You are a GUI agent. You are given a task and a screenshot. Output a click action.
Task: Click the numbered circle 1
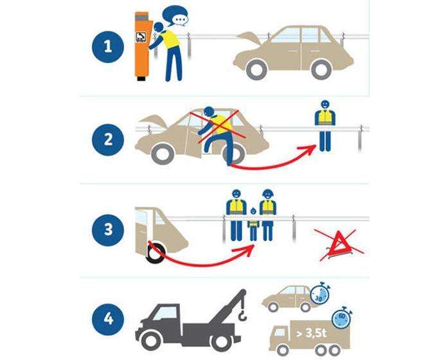(x=108, y=47)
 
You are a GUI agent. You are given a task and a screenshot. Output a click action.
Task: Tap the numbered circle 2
(x=108, y=139)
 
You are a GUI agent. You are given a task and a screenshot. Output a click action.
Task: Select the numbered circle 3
(x=108, y=230)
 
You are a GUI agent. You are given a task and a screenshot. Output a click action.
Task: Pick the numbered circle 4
(x=108, y=319)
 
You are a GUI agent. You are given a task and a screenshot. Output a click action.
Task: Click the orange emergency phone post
(x=143, y=46)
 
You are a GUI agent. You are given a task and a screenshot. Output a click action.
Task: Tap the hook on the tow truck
(x=242, y=314)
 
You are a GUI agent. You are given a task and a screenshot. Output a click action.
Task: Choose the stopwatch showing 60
(x=341, y=318)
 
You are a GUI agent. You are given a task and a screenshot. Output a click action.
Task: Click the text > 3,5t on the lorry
(x=312, y=334)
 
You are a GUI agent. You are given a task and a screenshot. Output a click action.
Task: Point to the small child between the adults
(x=253, y=224)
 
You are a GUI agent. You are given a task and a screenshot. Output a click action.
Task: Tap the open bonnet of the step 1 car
(x=249, y=39)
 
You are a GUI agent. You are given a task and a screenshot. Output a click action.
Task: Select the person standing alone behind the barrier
(x=325, y=126)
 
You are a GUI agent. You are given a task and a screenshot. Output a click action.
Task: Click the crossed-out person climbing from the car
(x=217, y=133)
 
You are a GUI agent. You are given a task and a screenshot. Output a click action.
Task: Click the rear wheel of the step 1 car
(x=321, y=69)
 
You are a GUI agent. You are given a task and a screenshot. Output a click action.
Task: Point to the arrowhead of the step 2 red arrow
(x=310, y=148)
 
